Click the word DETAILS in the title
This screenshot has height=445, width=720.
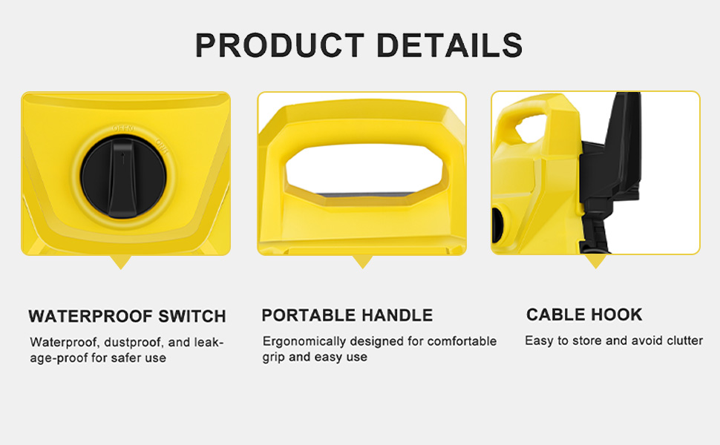[x=450, y=45]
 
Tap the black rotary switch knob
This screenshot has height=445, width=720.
[x=123, y=177]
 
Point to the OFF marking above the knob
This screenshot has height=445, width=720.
[x=123, y=128]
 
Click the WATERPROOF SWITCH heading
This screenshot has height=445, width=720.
[x=127, y=317]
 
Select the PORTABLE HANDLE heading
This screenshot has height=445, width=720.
[x=347, y=316]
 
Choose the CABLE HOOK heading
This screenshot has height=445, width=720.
[x=584, y=314]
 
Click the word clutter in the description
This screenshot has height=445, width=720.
[x=684, y=340]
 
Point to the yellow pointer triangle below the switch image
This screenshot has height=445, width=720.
[x=121, y=262]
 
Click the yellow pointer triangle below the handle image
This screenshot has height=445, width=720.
[x=362, y=262]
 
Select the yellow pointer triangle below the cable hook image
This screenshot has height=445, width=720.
[x=595, y=262]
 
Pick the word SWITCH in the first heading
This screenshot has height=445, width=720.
[x=192, y=317]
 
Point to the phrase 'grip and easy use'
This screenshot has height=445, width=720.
[x=315, y=357]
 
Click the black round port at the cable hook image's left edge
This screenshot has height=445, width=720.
[x=497, y=225]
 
